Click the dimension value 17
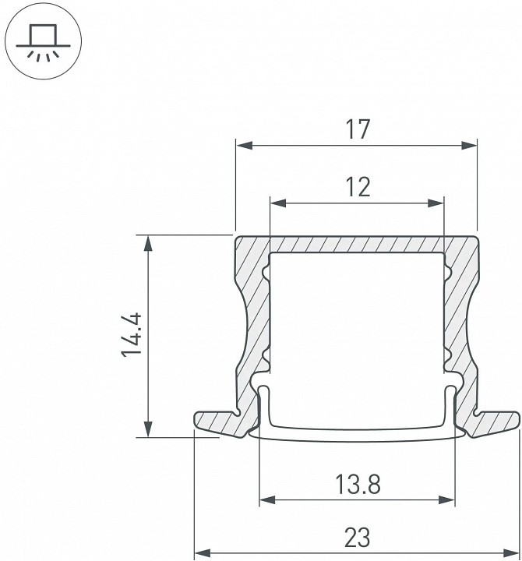pos(358,129)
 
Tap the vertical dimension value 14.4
pos(132,335)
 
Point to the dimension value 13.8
pos(358,484)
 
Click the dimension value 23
pos(357,538)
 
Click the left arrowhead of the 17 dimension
pos(245,146)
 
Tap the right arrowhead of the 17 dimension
pos(469,146)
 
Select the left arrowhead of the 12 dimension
pos(279,203)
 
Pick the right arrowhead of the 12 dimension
pos(436,203)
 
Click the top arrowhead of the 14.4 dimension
pos(148,244)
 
